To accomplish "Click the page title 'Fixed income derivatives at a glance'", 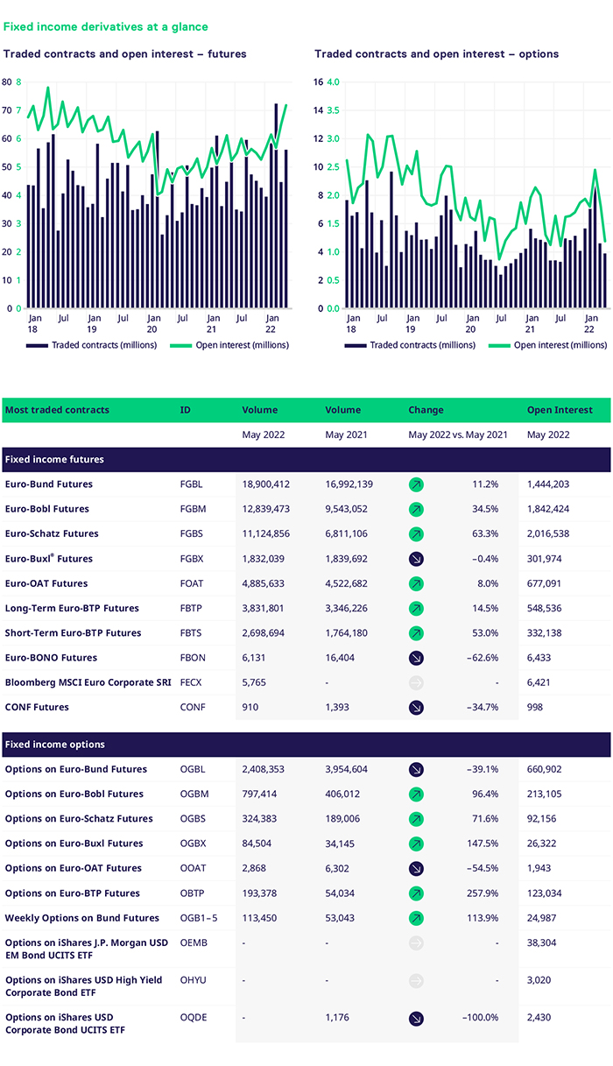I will pos(105,27).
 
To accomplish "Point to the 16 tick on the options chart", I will pos(319,82).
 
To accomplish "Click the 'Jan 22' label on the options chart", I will pos(591,324).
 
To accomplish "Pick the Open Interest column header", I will pos(560,410).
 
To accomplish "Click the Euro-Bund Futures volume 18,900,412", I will pos(272,484).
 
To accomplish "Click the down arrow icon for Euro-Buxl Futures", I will pos(416,559).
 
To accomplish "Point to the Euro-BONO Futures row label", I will pos(51,658).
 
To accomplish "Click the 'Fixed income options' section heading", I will pos(54,745).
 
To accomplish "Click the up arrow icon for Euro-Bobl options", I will pos(416,794).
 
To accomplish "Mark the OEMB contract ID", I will pos(193,942).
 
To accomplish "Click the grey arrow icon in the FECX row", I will pos(416,682).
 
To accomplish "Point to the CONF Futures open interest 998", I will pos(536,707).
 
